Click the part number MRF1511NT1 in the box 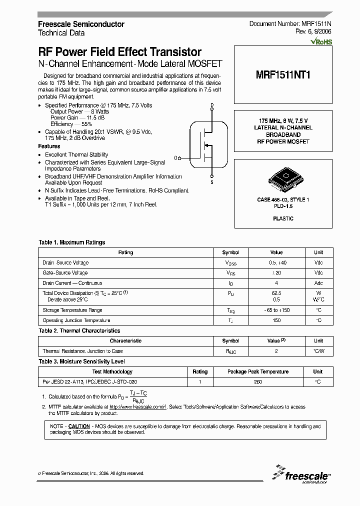(x=283, y=74)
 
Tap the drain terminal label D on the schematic (x=212, y=105)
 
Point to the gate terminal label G (x=176, y=158)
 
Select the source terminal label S (x=212, y=182)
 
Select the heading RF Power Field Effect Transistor (x=120, y=52)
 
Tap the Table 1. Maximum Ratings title (x=72, y=242)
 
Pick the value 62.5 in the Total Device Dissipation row (x=276, y=292)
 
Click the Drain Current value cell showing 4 (x=276, y=283)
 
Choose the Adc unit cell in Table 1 (x=318, y=283)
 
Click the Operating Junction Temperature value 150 (x=276, y=320)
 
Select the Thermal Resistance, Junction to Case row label (x=82, y=351)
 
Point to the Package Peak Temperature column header (x=258, y=372)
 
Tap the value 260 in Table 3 (x=258, y=382)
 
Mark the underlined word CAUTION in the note (x=79, y=426)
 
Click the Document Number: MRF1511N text (x=290, y=24)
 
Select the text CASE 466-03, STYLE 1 (x=283, y=200)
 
